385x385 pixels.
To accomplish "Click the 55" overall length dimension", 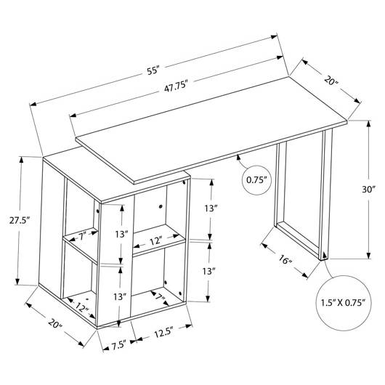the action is click(153, 70).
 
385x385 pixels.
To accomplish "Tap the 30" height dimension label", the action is click(369, 190).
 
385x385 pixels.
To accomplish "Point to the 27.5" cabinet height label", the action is click(20, 220).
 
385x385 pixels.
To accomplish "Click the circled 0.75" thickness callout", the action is click(256, 180).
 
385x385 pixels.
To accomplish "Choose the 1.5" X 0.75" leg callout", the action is click(344, 303).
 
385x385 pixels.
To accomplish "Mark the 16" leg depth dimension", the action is click(285, 260).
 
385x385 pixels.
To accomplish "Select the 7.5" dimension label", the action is click(119, 346).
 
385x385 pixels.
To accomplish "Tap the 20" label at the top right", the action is click(331, 81).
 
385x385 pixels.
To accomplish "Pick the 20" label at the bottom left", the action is click(55, 323).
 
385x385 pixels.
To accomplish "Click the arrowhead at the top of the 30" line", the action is click(368, 123).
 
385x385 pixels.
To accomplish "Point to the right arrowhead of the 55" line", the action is click(274, 37).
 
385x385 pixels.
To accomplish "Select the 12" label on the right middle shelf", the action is click(156, 241).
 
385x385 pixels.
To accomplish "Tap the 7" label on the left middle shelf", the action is click(82, 236).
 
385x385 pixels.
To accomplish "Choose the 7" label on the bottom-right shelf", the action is click(160, 298).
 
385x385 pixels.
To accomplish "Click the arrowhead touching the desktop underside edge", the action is click(238, 158).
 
